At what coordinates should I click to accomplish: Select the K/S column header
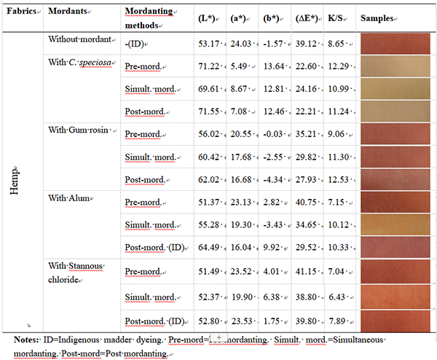[x=334, y=16]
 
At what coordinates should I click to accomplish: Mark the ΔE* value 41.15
[x=302, y=270]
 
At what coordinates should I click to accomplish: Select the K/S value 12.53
[x=337, y=179]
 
